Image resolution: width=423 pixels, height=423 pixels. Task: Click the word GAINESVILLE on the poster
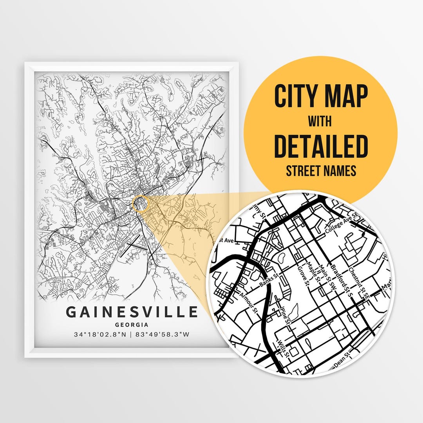click(x=132, y=312)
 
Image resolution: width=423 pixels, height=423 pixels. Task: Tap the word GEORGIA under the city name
click(x=132, y=325)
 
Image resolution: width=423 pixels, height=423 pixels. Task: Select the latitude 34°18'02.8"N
click(x=100, y=334)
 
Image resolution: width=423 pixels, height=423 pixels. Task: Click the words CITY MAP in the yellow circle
click(x=321, y=96)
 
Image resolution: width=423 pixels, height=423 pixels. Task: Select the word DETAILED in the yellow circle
click(x=321, y=146)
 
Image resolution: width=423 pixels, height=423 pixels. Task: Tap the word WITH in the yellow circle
click(x=321, y=122)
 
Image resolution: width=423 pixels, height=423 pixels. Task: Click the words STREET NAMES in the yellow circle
click(x=321, y=171)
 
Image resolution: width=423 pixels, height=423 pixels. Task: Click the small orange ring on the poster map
click(x=141, y=204)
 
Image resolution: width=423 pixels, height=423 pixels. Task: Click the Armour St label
click(x=249, y=303)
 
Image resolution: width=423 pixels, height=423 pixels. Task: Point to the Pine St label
click(x=284, y=315)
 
